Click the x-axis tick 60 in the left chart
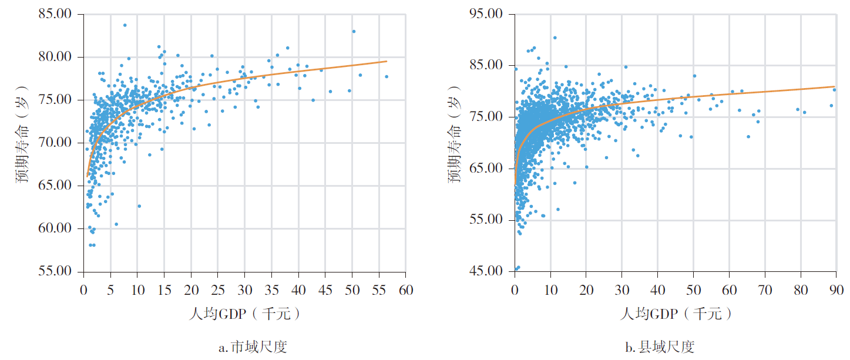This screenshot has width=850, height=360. (x=405, y=291)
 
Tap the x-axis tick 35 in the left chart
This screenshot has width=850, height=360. (x=271, y=291)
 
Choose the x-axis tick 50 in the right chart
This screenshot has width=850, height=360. (x=693, y=291)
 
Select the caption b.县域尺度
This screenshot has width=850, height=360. (x=660, y=347)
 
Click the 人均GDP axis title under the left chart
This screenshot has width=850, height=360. (x=245, y=314)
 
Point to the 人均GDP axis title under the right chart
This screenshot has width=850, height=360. (x=676, y=314)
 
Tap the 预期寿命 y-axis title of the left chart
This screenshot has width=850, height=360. (x=22, y=143)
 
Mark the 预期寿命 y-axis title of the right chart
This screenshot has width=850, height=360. (x=455, y=143)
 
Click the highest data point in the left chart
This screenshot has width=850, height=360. (x=125, y=25)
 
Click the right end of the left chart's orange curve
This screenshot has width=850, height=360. (x=387, y=61)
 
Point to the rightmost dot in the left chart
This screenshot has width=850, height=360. (x=387, y=76)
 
